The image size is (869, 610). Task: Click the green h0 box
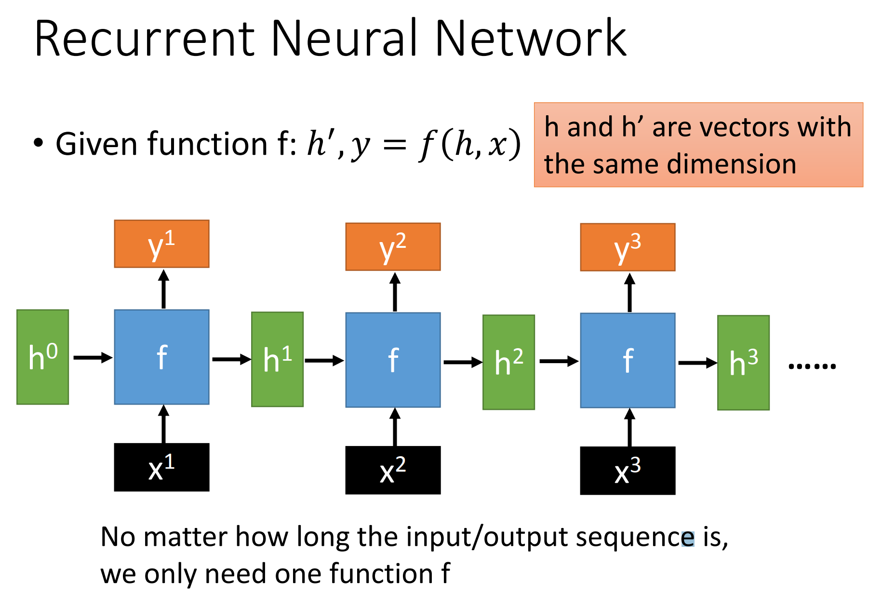pyautogui.click(x=42, y=357)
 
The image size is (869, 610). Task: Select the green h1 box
pyautogui.click(x=277, y=359)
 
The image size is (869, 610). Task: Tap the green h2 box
pyautogui.click(x=508, y=362)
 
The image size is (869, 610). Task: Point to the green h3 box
pyautogui.click(x=743, y=363)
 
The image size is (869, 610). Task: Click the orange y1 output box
pyautogui.click(x=161, y=244)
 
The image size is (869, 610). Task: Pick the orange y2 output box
pyautogui.click(x=393, y=246)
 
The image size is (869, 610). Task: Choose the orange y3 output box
pyautogui.click(x=628, y=247)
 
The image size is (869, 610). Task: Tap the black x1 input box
pyautogui.click(x=161, y=467)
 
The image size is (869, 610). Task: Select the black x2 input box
pyautogui.click(x=393, y=470)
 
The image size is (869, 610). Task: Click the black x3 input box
pyautogui.click(x=628, y=471)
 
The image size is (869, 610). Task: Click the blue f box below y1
pyautogui.click(x=161, y=357)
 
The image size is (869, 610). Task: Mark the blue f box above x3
pyautogui.click(x=628, y=360)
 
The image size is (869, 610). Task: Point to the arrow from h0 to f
pyautogui.click(x=93, y=357)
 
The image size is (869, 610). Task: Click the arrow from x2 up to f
pyautogui.click(x=395, y=427)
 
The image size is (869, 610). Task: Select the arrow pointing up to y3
pyautogui.click(x=629, y=293)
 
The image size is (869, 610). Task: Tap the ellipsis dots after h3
pyautogui.click(x=812, y=366)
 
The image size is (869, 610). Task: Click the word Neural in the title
pyautogui.click(x=347, y=38)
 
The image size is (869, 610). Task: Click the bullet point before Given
pyautogui.click(x=39, y=143)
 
